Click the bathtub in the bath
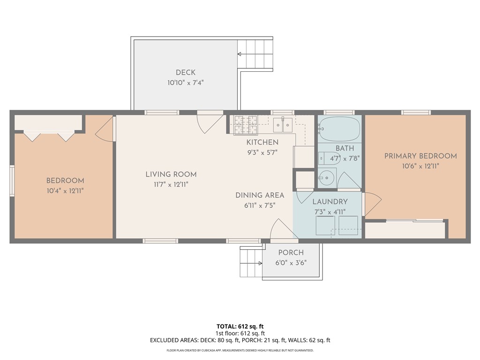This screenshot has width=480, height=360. [x=339, y=128]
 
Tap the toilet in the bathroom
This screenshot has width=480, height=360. [x=329, y=158]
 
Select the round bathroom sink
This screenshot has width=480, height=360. [x=327, y=178]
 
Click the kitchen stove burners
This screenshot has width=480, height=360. [x=246, y=125]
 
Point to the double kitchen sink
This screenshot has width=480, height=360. [x=283, y=125]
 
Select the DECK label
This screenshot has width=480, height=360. [x=186, y=73]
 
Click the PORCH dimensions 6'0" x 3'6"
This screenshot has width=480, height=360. [x=291, y=263]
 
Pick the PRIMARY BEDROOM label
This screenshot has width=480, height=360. [x=420, y=156]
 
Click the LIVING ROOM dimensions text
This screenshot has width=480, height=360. [x=171, y=185]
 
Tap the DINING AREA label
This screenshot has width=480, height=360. [x=260, y=195]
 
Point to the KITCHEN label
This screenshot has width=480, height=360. [x=262, y=142]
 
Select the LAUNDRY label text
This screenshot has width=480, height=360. [x=330, y=202]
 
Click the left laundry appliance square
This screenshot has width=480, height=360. [x=325, y=225]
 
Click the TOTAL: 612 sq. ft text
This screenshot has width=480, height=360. [x=240, y=326]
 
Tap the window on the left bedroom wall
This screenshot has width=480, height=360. [x=12, y=180]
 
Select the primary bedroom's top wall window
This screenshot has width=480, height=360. [x=416, y=112]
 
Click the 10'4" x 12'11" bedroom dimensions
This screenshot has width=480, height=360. [x=65, y=191]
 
